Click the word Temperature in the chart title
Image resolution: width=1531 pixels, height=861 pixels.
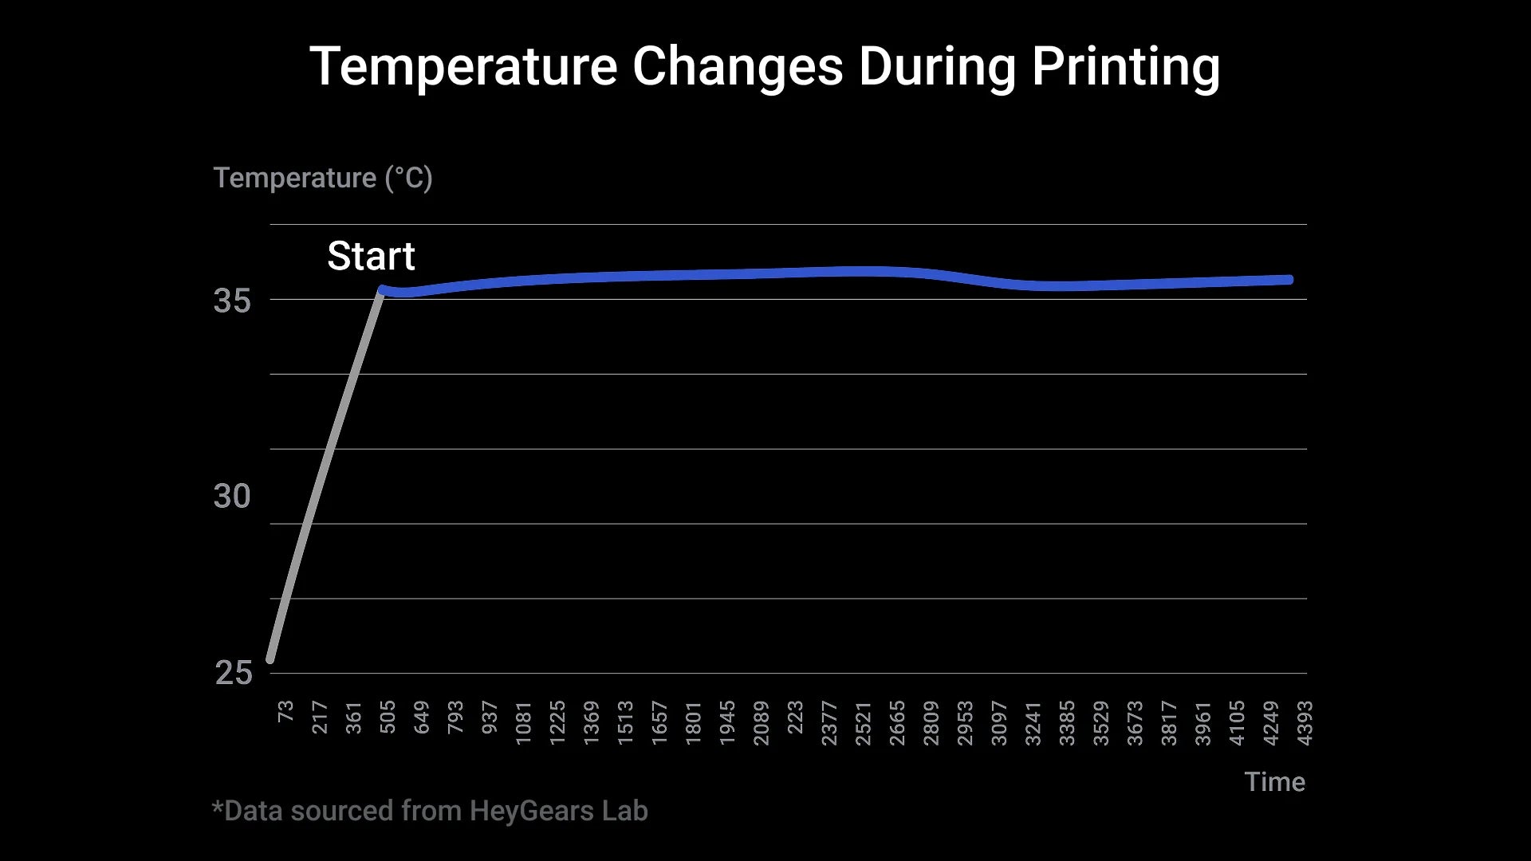462,66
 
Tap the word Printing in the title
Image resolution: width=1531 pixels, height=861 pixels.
1125,68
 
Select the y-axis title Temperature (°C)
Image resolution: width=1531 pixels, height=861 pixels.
323,178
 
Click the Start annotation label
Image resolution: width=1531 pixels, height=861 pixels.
371,256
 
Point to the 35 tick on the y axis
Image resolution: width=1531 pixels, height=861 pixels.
232,301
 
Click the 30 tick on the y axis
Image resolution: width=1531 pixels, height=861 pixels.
232,497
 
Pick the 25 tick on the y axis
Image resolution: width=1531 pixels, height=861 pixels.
233,674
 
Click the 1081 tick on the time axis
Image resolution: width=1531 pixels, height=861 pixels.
523,722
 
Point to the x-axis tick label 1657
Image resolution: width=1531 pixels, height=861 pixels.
659,722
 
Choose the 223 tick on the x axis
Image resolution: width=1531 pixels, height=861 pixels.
795,717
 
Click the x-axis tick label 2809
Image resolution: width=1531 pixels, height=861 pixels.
931,722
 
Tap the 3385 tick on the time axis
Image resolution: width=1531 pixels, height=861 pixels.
1067,722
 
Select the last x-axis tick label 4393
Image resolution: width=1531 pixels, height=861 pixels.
1305,722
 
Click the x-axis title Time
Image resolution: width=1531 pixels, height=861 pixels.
1274,782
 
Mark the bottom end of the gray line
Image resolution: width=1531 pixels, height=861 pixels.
270,659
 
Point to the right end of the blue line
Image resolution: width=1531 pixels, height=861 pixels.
1289,280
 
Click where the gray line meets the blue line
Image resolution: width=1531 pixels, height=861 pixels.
382,290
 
